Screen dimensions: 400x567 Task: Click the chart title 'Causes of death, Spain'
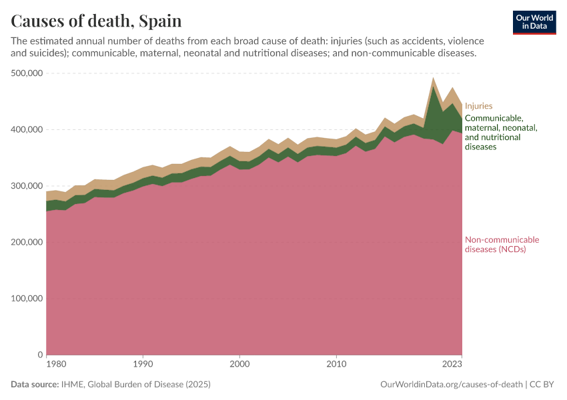pos(96,21)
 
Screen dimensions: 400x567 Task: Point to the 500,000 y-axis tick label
pos(27,73)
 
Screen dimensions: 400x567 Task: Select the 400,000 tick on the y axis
pos(27,129)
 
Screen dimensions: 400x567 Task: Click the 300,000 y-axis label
pos(27,186)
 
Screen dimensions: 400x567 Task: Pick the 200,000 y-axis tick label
pos(27,242)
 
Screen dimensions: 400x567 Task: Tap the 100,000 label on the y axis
pos(27,299)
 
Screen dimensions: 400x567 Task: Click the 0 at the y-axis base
pos(40,355)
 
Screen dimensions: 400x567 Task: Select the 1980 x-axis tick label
pos(56,365)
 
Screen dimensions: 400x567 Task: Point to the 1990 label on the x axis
pos(142,365)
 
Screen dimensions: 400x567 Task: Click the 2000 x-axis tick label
pos(239,365)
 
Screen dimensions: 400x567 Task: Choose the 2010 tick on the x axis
pos(337,365)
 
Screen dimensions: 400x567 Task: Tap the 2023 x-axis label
pos(452,365)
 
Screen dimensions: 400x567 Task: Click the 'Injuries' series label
pos(478,105)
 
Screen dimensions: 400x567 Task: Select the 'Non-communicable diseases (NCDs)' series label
pos(502,245)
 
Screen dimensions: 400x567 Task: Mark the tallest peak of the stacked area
pos(433,78)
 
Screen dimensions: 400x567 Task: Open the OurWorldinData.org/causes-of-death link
pos(451,385)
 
